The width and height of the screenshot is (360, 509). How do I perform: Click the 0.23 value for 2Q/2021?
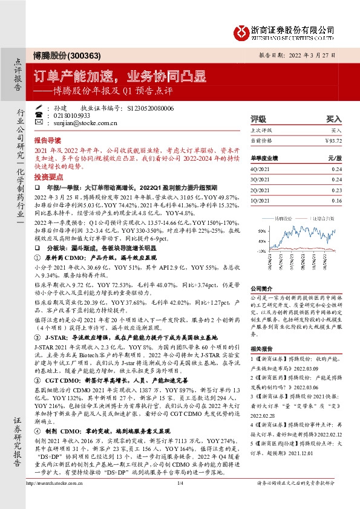tap(336, 189)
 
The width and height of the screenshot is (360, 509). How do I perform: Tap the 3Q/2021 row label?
tap(261, 180)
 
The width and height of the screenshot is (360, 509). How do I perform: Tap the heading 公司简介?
tap(262, 289)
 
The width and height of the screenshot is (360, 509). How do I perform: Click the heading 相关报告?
tap(262, 349)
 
